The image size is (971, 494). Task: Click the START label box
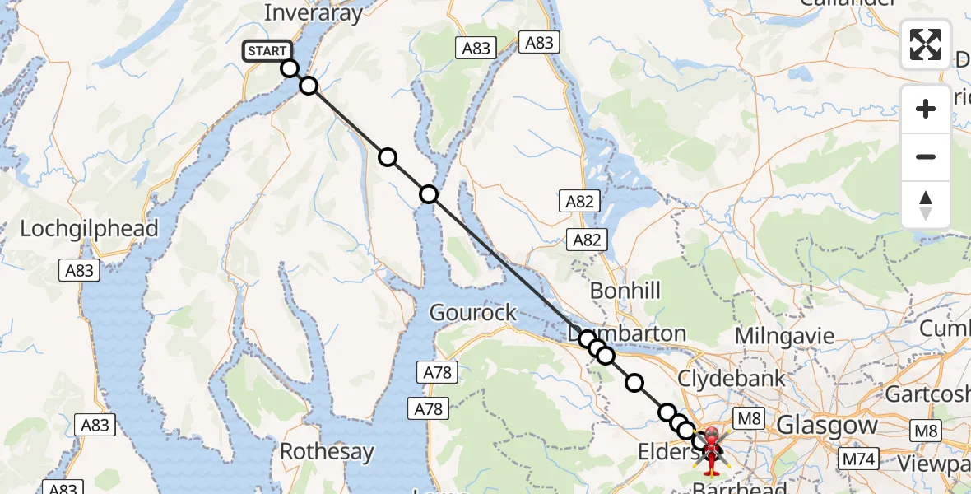click(x=267, y=51)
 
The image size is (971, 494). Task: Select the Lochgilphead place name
click(x=89, y=229)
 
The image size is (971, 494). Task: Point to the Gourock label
click(x=473, y=313)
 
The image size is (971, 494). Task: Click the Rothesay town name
click(x=327, y=452)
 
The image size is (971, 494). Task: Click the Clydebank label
click(x=732, y=379)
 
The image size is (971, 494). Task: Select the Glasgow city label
click(x=827, y=426)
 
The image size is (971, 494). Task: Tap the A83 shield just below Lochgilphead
click(x=80, y=270)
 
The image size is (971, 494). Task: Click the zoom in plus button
click(x=926, y=109)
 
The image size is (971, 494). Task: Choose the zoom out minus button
click(x=926, y=156)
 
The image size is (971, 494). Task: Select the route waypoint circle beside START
click(x=289, y=68)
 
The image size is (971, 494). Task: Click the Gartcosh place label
click(x=927, y=394)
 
